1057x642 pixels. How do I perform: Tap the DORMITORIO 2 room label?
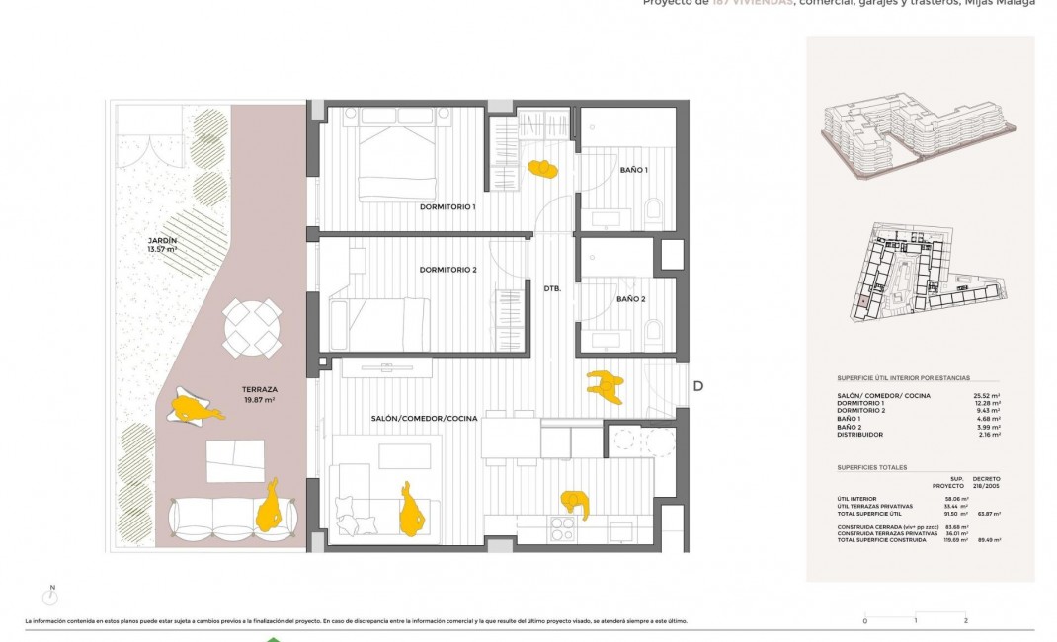447,270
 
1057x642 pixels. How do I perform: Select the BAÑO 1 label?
634,171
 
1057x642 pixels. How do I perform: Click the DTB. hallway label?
552,288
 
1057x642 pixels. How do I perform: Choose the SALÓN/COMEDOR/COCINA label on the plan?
424,419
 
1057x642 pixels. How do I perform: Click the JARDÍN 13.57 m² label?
160,245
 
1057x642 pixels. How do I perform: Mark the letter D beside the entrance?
697,386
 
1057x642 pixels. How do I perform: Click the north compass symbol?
52,596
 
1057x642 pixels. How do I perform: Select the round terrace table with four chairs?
252,328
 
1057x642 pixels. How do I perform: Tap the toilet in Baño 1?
653,209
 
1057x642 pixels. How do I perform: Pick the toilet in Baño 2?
653,330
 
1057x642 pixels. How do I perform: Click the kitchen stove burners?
563,526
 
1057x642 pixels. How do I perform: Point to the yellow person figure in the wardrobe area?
542,169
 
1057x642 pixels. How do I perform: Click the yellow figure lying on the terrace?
195,408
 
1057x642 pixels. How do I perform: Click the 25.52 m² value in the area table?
986,396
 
